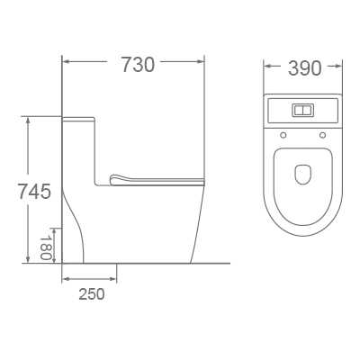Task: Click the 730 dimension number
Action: tap(137, 64)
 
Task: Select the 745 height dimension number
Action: tap(33, 191)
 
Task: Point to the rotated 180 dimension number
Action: tap(45, 247)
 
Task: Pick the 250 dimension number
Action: tap(90, 294)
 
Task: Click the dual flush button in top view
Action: tap(303, 112)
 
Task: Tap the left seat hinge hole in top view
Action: tap(283, 136)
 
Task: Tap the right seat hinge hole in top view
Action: tap(322, 136)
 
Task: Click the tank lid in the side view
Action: tap(79, 117)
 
